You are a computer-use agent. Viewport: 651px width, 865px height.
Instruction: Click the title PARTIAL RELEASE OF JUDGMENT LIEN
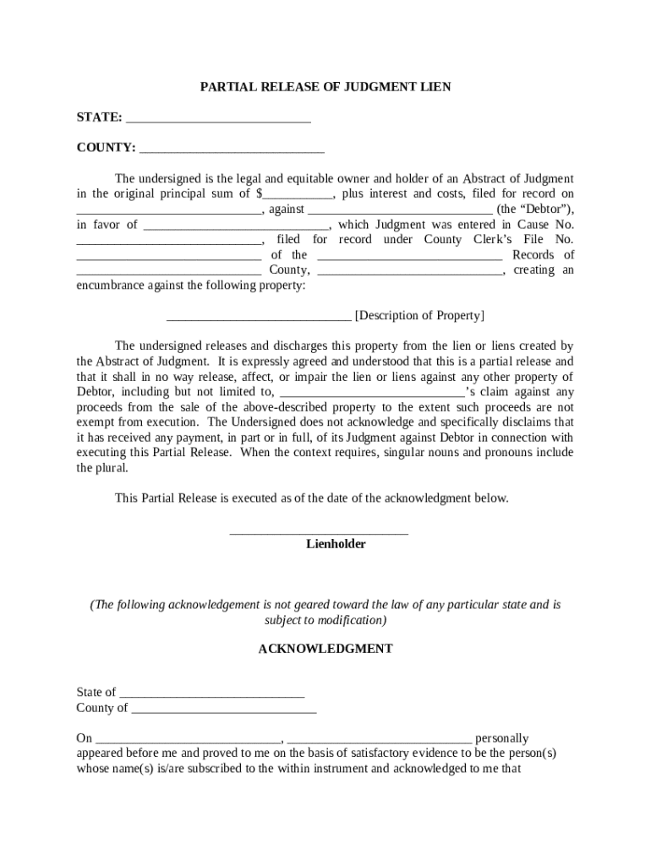325,87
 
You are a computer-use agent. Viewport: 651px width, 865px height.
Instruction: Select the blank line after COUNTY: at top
232,149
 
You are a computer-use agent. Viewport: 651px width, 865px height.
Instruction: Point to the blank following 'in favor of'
236,226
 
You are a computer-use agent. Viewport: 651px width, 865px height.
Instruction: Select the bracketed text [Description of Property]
419,316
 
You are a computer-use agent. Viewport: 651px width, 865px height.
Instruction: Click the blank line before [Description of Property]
259,318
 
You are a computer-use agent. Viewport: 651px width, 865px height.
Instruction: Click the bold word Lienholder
336,545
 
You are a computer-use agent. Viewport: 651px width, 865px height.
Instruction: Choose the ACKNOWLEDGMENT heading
325,650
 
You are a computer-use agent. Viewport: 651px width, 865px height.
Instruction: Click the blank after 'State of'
211,694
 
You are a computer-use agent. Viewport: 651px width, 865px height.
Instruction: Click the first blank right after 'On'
188,740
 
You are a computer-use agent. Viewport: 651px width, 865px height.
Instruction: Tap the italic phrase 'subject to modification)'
325,620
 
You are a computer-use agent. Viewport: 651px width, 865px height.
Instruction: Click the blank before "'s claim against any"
371,394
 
